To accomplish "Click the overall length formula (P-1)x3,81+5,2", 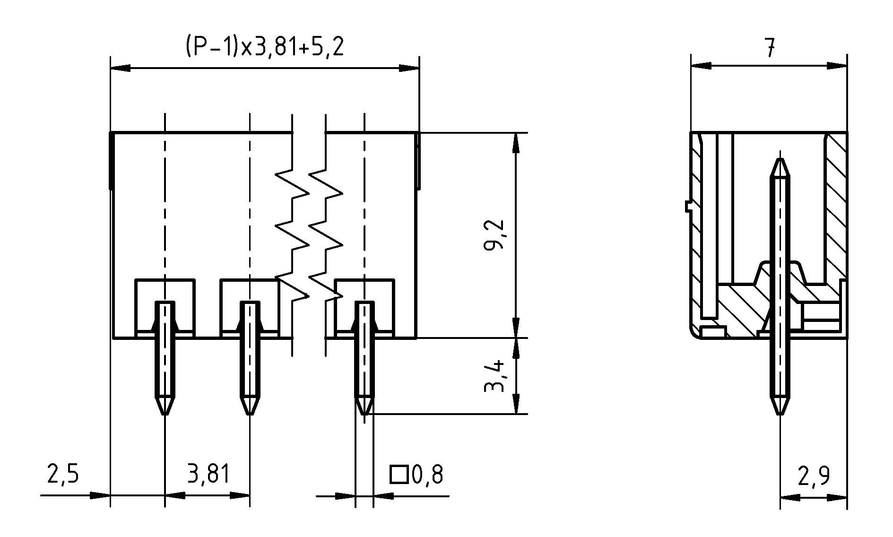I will click(264, 47).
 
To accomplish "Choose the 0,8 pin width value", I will click(428, 475).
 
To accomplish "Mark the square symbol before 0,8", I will click(399, 475).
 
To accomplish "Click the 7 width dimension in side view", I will click(770, 47).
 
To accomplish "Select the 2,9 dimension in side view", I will click(814, 476).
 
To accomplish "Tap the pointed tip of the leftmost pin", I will click(165, 412).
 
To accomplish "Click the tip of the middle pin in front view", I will click(250, 412).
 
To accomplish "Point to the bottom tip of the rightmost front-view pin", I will click(364, 412).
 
